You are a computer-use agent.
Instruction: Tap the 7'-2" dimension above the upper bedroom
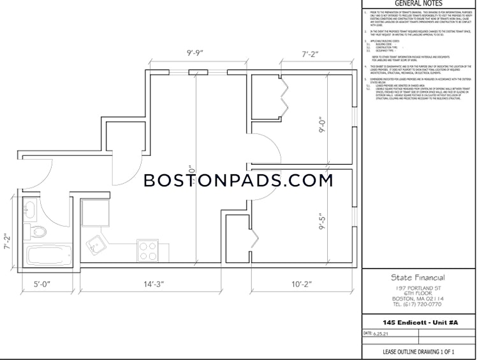[x=311, y=54]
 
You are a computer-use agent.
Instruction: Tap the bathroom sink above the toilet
[x=30, y=209]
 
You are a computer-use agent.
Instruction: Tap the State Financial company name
[x=417, y=278]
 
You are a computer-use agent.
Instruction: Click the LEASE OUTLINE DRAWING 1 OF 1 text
[x=418, y=352]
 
